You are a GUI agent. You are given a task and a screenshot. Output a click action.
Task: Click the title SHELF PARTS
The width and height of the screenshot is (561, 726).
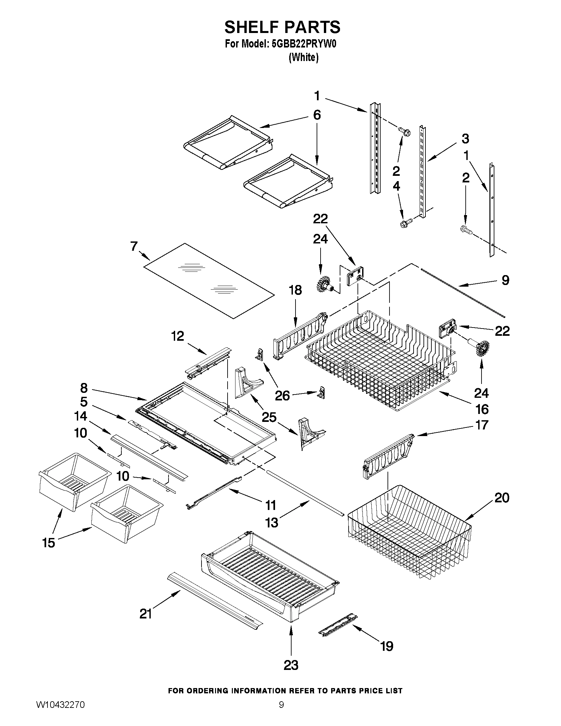282,27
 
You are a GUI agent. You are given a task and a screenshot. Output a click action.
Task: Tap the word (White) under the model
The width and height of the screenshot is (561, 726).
303,57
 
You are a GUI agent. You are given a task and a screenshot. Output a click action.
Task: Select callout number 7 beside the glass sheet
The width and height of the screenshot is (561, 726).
134,246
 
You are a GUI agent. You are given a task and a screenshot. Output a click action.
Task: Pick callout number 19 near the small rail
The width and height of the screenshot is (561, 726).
387,646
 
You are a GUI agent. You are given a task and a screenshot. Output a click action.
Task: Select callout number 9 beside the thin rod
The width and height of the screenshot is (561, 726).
505,280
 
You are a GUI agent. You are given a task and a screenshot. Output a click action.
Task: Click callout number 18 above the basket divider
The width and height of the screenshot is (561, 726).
295,290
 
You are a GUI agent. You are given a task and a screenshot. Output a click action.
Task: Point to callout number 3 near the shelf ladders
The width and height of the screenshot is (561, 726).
465,139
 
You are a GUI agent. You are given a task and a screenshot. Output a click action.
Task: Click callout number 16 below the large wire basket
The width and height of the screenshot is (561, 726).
482,409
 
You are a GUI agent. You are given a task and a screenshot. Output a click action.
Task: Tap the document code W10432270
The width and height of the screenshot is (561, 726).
60,714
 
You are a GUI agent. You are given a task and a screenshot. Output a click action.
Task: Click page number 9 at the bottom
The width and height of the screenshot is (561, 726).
281,714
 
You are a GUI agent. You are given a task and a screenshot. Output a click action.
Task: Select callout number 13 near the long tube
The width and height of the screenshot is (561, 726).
271,523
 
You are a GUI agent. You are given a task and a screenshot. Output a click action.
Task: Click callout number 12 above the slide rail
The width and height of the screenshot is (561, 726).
177,336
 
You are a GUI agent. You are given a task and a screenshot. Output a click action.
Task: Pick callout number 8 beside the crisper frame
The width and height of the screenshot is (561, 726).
84,388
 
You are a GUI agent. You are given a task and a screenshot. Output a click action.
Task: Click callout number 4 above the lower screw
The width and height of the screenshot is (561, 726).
396,186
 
